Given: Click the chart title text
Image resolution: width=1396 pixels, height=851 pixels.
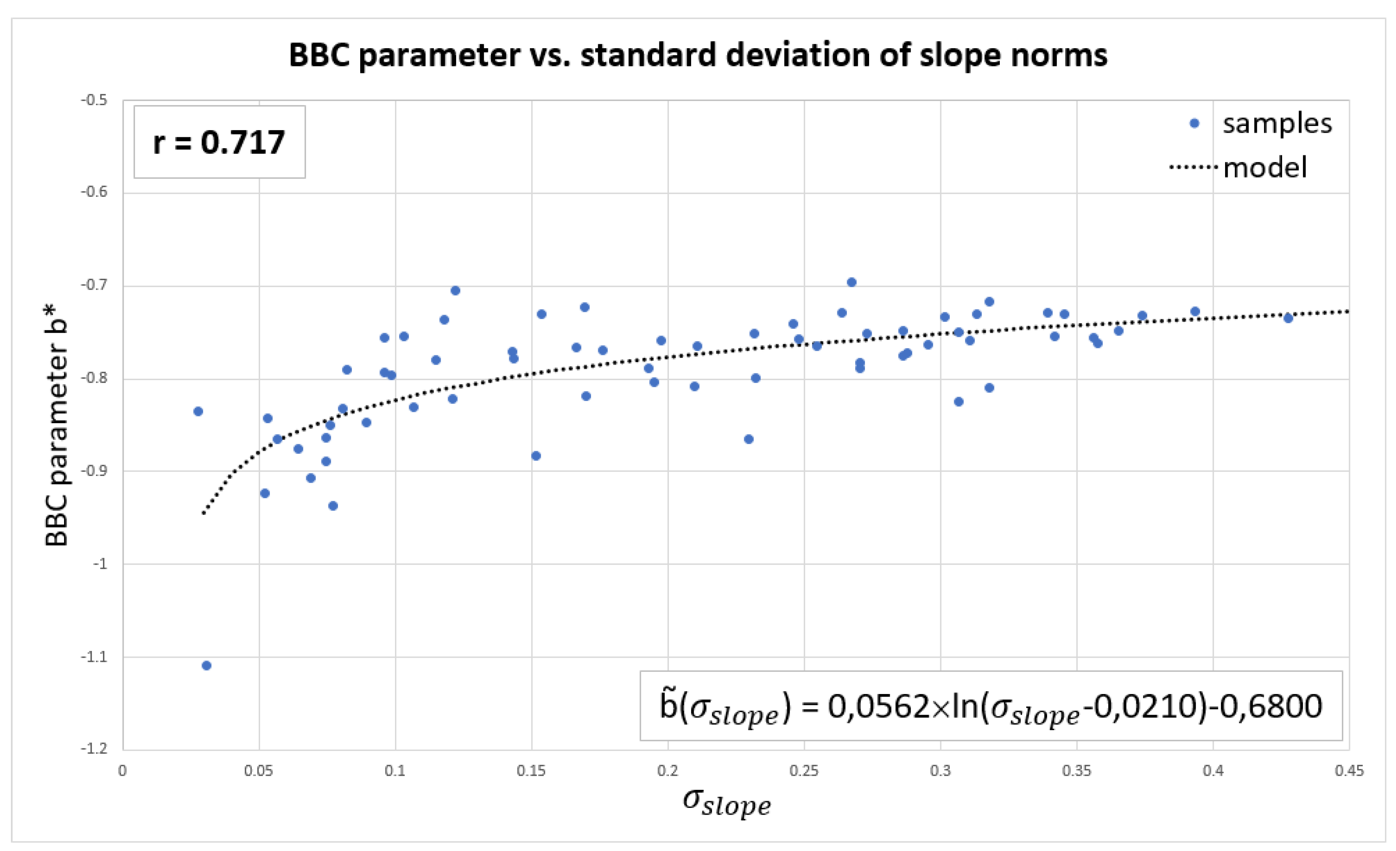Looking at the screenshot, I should point(697,56).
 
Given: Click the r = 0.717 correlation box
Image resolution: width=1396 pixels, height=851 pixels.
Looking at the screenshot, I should point(219,142).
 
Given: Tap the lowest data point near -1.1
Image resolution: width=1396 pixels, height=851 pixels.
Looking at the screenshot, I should point(207,665).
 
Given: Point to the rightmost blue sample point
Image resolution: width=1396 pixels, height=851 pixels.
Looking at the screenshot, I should point(1288,318).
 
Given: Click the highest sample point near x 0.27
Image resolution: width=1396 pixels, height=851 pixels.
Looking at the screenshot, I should point(852,283).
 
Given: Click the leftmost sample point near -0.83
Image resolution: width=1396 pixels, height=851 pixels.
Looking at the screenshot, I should point(198,411).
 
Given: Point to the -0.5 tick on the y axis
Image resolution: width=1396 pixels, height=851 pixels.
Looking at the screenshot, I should point(94,100).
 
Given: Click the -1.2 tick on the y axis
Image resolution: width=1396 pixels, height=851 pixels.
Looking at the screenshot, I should point(94,748).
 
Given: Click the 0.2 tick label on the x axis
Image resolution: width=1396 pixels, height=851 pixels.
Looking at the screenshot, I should point(667,771).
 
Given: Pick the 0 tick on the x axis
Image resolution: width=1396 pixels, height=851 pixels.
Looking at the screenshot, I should point(122,771).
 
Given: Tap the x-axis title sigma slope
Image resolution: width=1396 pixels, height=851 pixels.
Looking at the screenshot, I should point(726,802).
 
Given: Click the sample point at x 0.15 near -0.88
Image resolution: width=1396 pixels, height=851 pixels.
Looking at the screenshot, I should point(536,456).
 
